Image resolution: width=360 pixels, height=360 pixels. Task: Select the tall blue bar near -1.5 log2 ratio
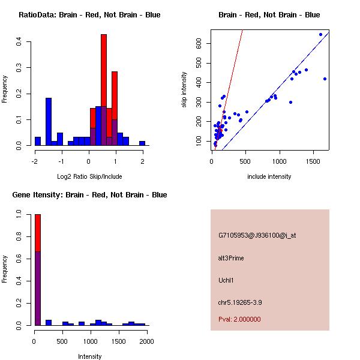click(49, 120)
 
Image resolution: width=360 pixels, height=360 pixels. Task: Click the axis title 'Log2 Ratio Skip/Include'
click(89, 176)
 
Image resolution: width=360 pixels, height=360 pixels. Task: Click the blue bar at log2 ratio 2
click(142, 143)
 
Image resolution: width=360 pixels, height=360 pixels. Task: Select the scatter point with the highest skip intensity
click(320, 35)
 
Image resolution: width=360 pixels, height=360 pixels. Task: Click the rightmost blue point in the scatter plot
click(325, 79)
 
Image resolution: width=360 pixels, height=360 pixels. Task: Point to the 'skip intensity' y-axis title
click(184, 90)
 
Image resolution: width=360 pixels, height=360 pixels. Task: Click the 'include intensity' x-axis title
click(269, 176)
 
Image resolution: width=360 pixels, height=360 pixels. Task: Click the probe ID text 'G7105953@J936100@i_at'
click(257, 235)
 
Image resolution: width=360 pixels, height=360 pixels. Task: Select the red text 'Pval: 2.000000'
click(239, 319)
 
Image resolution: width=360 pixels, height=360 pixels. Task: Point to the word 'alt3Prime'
click(231, 258)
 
